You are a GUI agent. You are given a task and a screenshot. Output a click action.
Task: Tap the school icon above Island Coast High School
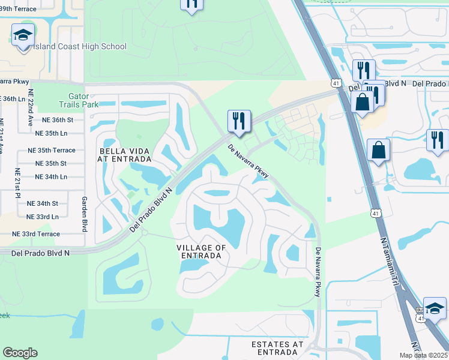coord(23,36)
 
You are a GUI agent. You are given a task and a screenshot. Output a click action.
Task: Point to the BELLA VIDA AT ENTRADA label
coord(125,154)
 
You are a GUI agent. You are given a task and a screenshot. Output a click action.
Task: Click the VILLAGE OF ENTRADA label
coord(201,251)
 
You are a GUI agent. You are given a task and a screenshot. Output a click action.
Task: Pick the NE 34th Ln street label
coord(51,176)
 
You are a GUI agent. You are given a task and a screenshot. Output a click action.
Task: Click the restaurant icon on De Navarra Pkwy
coord(239,121)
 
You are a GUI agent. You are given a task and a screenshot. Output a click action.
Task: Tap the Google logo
coord(20,353)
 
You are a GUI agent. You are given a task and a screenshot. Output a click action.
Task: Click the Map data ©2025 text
coord(423,355)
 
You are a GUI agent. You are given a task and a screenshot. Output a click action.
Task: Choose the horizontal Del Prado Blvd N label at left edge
coord(40,253)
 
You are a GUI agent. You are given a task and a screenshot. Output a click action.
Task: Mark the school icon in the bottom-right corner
coord(435,308)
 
